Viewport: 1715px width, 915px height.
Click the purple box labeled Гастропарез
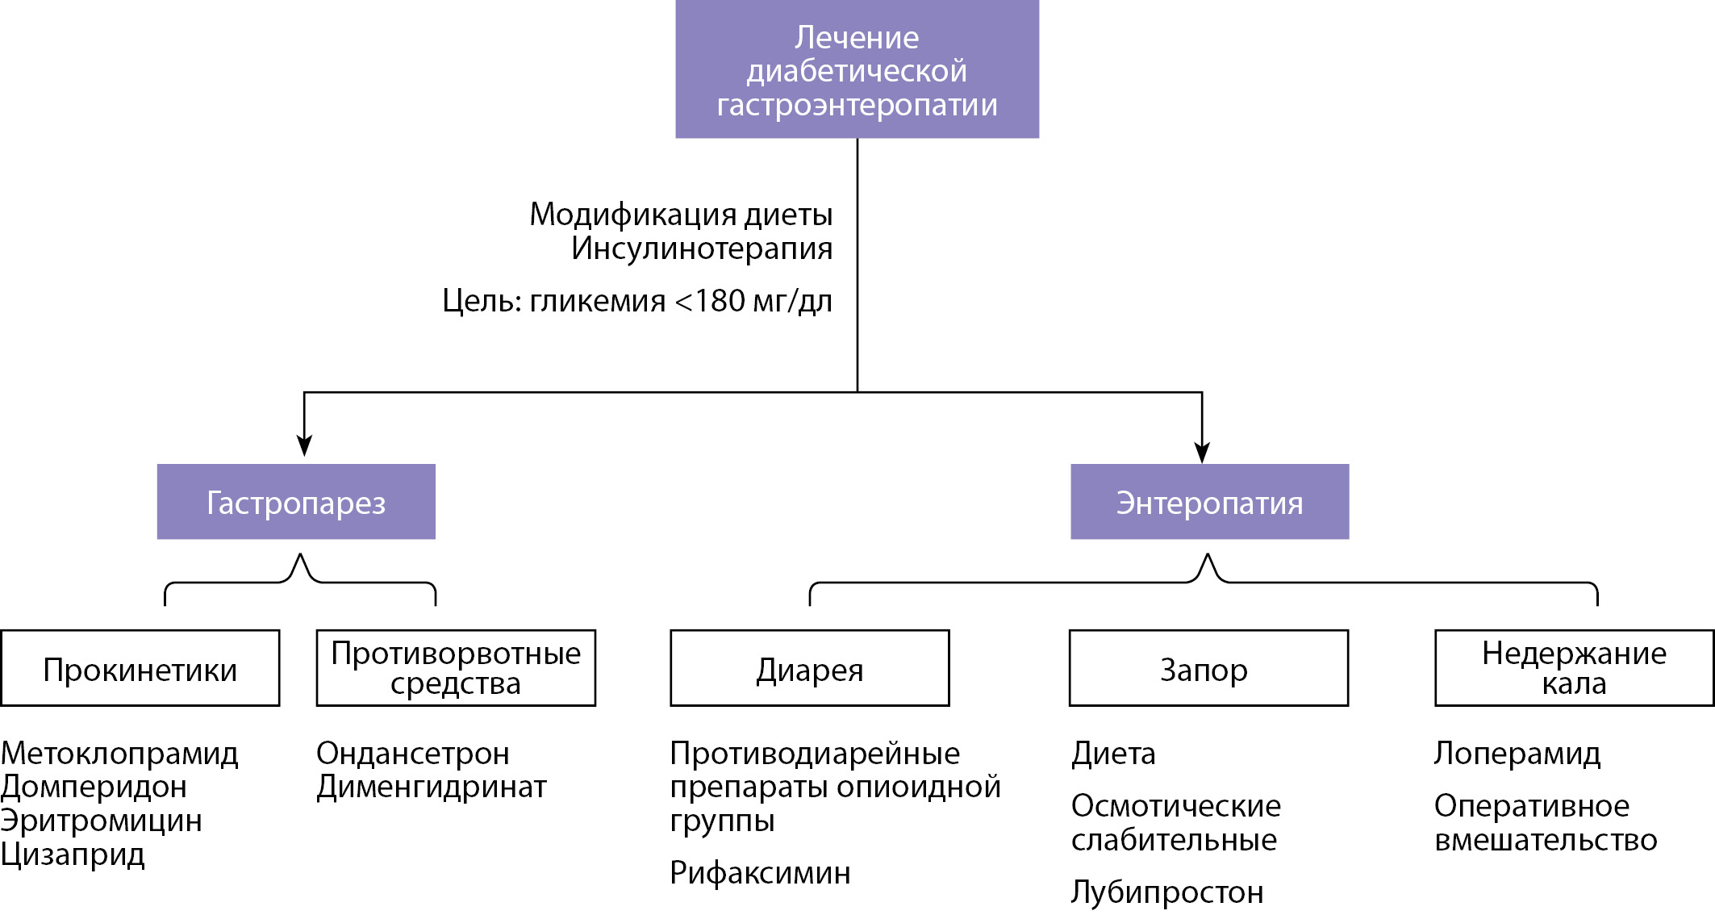[296, 501]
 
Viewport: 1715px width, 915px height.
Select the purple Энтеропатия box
[1209, 501]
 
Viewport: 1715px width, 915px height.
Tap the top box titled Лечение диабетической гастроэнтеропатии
[857, 69]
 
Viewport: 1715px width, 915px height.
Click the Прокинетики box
[140, 668]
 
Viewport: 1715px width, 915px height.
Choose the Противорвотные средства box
[456, 668]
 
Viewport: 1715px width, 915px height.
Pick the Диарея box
[810, 668]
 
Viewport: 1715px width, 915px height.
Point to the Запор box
[1208, 668]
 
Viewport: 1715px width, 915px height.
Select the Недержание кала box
[1574, 668]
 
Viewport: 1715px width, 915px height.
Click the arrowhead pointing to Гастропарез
[304, 445]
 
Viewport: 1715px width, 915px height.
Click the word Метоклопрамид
[119, 754]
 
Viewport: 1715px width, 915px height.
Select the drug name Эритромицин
[101, 821]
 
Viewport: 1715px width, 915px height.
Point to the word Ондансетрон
[412, 754]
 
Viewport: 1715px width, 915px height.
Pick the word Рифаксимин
[760, 873]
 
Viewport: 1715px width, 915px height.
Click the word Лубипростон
[1166, 892]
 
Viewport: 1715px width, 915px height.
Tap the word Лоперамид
[1517, 754]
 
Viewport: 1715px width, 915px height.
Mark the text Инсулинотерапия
[701, 249]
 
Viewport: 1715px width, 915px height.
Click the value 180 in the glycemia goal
[720, 301]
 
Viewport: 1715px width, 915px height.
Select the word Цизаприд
[73, 854]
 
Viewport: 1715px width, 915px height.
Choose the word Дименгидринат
[432, 787]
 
